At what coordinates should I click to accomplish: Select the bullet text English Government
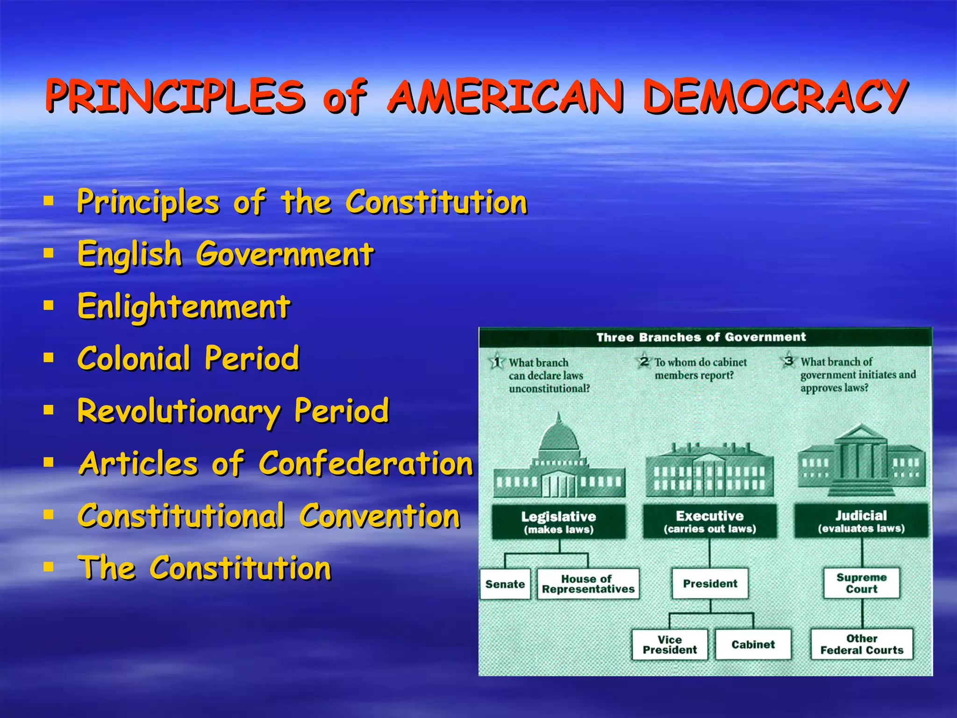(x=225, y=255)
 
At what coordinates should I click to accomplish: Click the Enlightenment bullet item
(x=184, y=307)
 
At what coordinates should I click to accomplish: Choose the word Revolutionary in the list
(x=179, y=411)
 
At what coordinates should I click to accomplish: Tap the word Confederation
(x=366, y=464)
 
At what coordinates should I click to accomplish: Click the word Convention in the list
(x=380, y=516)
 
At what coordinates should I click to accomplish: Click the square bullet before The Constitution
(x=48, y=567)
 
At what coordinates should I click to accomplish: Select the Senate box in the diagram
(x=505, y=584)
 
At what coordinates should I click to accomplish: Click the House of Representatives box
(x=588, y=584)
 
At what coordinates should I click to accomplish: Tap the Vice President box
(x=670, y=645)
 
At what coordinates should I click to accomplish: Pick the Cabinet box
(x=753, y=645)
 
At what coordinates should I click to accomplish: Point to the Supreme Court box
(x=861, y=583)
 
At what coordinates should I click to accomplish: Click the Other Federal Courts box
(x=862, y=644)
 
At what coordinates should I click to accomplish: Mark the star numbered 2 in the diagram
(x=644, y=361)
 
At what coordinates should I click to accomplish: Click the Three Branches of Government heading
(x=701, y=337)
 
